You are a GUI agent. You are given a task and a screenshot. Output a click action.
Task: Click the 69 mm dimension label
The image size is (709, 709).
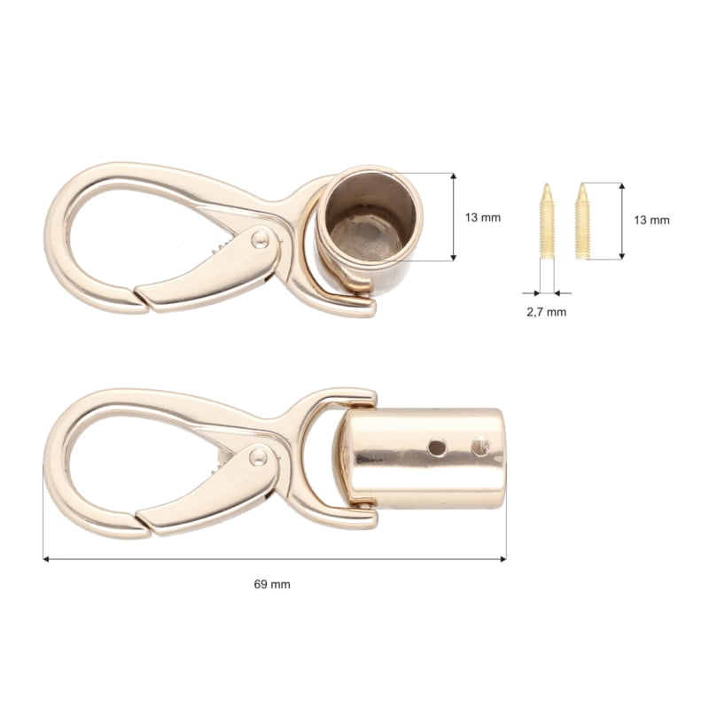(x=272, y=584)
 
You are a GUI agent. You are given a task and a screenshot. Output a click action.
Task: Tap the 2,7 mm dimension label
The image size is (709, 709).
(x=547, y=311)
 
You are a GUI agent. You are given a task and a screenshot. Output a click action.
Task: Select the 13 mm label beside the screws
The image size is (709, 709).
(x=652, y=221)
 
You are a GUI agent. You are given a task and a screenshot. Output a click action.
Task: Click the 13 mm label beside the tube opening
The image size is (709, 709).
(x=484, y=217)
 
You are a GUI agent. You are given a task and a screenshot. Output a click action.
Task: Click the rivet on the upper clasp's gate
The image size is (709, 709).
(x=260, y=237)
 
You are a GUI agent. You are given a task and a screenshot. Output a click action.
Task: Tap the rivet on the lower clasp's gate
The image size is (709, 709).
(x=258, y=456)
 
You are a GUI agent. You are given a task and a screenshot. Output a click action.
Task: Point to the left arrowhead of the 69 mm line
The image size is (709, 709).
(x=46, y=559)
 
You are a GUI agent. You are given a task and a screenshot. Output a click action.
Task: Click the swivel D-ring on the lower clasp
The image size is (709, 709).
(x=332, y=461)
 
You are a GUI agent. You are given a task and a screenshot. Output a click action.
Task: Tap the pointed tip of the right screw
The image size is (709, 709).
(x=582, y=186)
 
